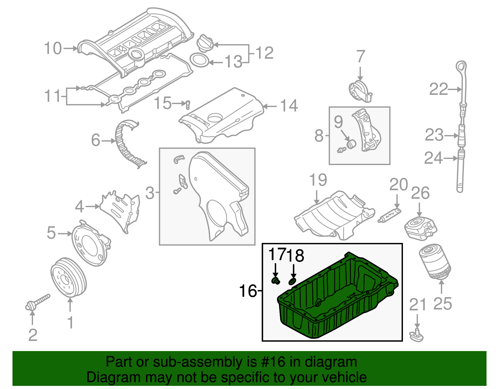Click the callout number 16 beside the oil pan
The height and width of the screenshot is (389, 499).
pos(248,291)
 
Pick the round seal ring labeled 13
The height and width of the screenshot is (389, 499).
pos(199,60)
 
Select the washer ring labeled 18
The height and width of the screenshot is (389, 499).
pos(292,281)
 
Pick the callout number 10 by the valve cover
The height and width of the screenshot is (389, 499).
pos(53,49)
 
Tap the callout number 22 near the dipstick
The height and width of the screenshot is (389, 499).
pos(438,89)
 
